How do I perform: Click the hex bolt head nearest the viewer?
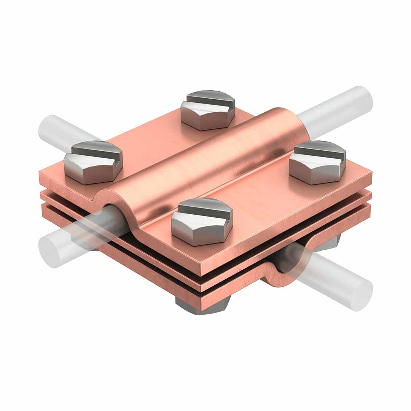pyautogui.click(x=202, y=223)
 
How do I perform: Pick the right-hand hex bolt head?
pyautogui.click(x=318, y=164)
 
